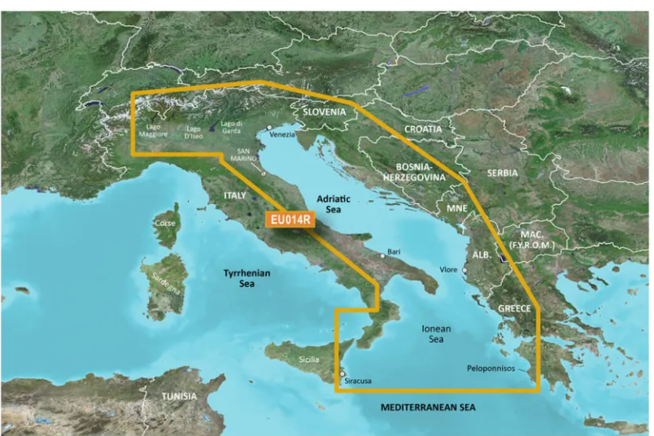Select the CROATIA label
(x=422, y=129)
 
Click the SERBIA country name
(x=501, y=173)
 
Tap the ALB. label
(x=480, y=253)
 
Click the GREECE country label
(x=515, y=308)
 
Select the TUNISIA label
(x=178, y=396)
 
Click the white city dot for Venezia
(x=268, y=129)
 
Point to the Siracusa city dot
(x=342, y=375)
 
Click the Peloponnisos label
(x=490, y=368)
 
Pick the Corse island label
(x=166, y=222)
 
